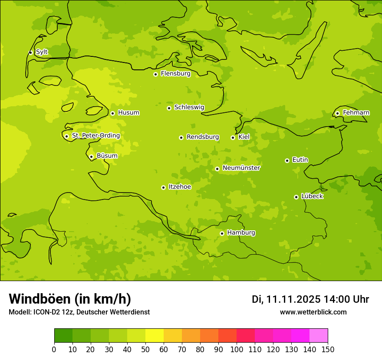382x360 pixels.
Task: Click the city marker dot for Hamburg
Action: [222, 233]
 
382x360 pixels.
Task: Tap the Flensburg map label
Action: [175, 74]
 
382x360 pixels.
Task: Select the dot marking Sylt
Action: [30, 52]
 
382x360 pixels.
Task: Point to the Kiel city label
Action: [244, 137]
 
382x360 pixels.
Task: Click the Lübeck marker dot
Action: [296, 197]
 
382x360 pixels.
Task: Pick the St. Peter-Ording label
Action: [95, 136]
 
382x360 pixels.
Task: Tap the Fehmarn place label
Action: [356, 113]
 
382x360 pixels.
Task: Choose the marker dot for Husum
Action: [112, 113]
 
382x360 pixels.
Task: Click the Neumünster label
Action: [241, 168]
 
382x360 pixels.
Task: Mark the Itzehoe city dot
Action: [163, 187]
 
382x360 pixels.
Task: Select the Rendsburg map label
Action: [202, 137]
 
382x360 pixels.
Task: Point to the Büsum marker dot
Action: [91, 157]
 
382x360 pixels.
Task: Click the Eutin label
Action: [300, 160]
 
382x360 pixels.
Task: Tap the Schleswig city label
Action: [189, 107]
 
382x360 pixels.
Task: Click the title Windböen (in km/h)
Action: [70, 299]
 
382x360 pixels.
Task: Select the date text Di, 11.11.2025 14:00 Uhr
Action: [310, 299]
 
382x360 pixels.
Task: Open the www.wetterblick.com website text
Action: [313, 312]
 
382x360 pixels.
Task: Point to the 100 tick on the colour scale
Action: [237, 349]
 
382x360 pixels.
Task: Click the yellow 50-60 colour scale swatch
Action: [155, 335]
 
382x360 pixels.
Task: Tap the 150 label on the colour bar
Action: [328, 349]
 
